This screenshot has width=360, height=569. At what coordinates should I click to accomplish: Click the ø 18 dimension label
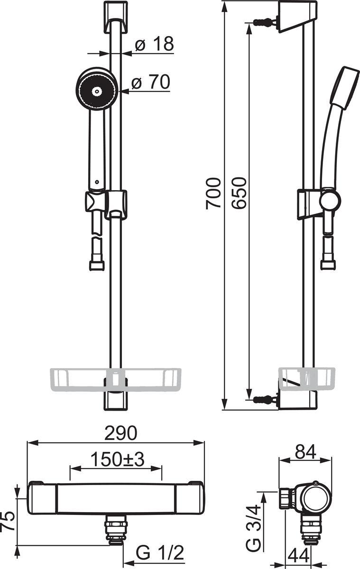155,44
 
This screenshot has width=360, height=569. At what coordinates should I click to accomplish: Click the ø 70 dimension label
151,82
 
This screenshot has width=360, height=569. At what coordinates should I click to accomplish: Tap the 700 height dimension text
213,193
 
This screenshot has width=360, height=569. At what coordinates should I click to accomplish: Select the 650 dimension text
239,193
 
